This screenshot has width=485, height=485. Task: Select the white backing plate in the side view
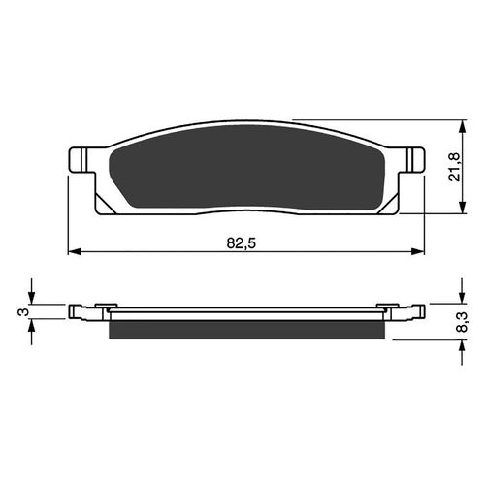tap(247, 312)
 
